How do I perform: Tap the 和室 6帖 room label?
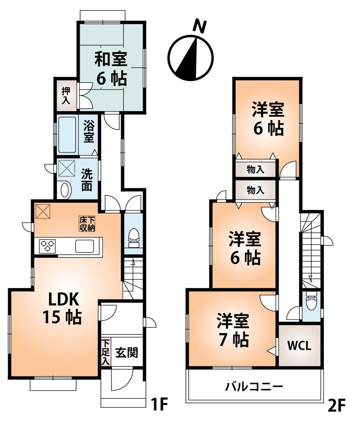pyautogui.click(x=110, y=69)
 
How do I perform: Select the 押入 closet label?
pyautogui.click(x=66, y=95)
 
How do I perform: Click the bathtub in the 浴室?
pyautogui.click(x=67, y=135)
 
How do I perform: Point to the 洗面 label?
pyautogui.click(x=87, y=180)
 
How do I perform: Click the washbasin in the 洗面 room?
pyautogui.click(x=65, y=191)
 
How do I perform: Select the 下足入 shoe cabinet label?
pyautogui.click(x=105, y=353)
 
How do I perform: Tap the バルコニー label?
pyautogui.click(x=253, y=386)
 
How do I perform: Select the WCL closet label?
pyautogui.click(x=299, y=346)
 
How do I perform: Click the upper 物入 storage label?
pyautogui.click(x=256, y=170)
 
